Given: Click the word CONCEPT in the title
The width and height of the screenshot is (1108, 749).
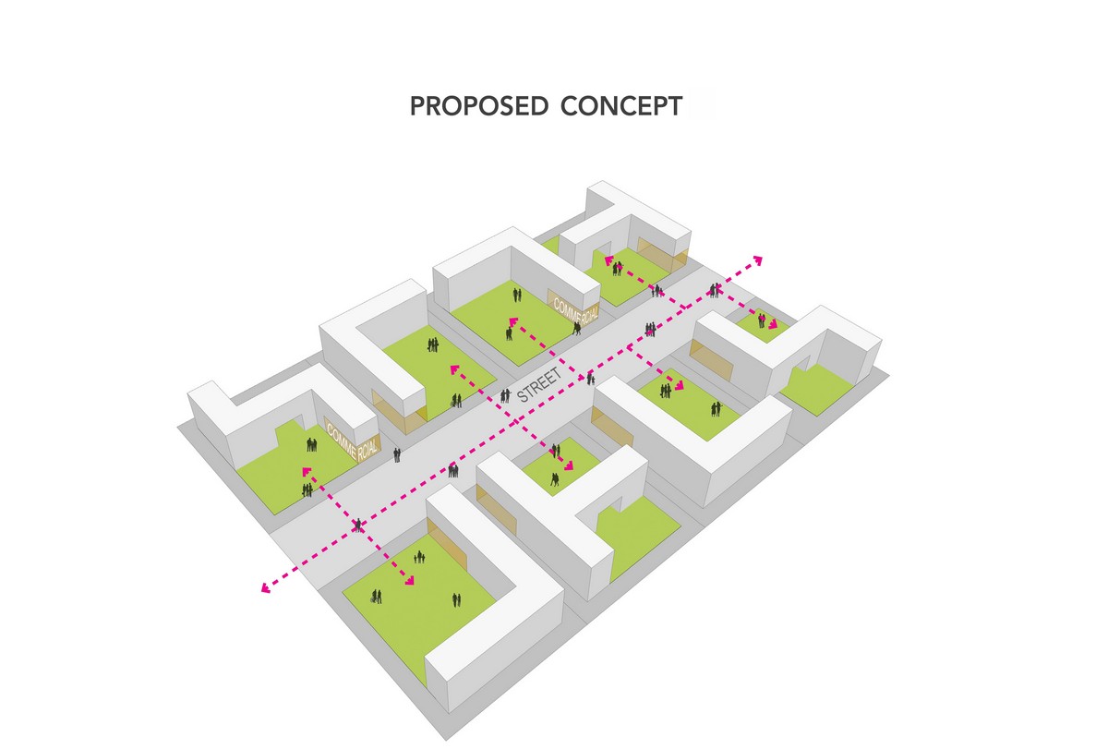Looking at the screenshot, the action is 621,106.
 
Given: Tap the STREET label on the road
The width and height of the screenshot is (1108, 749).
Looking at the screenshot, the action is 539,385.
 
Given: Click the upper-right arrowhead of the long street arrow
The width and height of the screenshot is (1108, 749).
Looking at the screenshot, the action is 757,260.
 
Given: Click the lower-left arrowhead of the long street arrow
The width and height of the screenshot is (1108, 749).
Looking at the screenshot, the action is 266,587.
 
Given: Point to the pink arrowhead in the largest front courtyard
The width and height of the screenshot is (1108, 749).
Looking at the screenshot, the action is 409,580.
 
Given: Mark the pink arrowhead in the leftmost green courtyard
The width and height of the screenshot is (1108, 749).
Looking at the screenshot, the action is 307,471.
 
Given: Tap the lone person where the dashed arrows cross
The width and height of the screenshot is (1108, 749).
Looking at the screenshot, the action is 358,525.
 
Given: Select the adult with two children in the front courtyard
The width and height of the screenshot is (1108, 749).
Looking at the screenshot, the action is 419,557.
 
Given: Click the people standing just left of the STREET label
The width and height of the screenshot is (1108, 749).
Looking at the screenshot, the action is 504,396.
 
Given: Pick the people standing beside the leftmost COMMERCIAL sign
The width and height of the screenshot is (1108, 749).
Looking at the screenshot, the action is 311,444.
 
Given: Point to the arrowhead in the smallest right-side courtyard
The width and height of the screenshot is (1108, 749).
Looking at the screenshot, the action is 772,324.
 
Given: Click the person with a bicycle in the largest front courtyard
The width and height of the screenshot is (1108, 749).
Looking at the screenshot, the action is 376,597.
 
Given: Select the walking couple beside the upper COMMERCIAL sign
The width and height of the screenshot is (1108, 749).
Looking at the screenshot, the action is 577,329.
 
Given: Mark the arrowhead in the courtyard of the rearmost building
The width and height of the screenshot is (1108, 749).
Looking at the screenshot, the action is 608,260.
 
